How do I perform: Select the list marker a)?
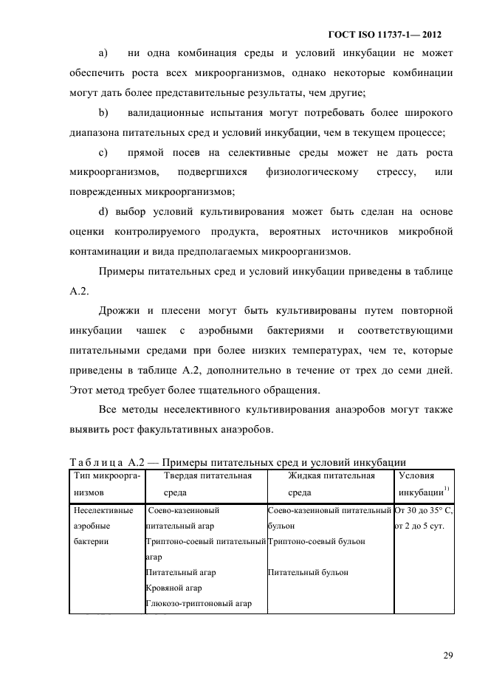[x=103, y=53]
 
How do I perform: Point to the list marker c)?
[x=103, y=153]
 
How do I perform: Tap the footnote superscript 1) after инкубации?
[x=446, y=488]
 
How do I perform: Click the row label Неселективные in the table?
[x=103, y=509]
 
